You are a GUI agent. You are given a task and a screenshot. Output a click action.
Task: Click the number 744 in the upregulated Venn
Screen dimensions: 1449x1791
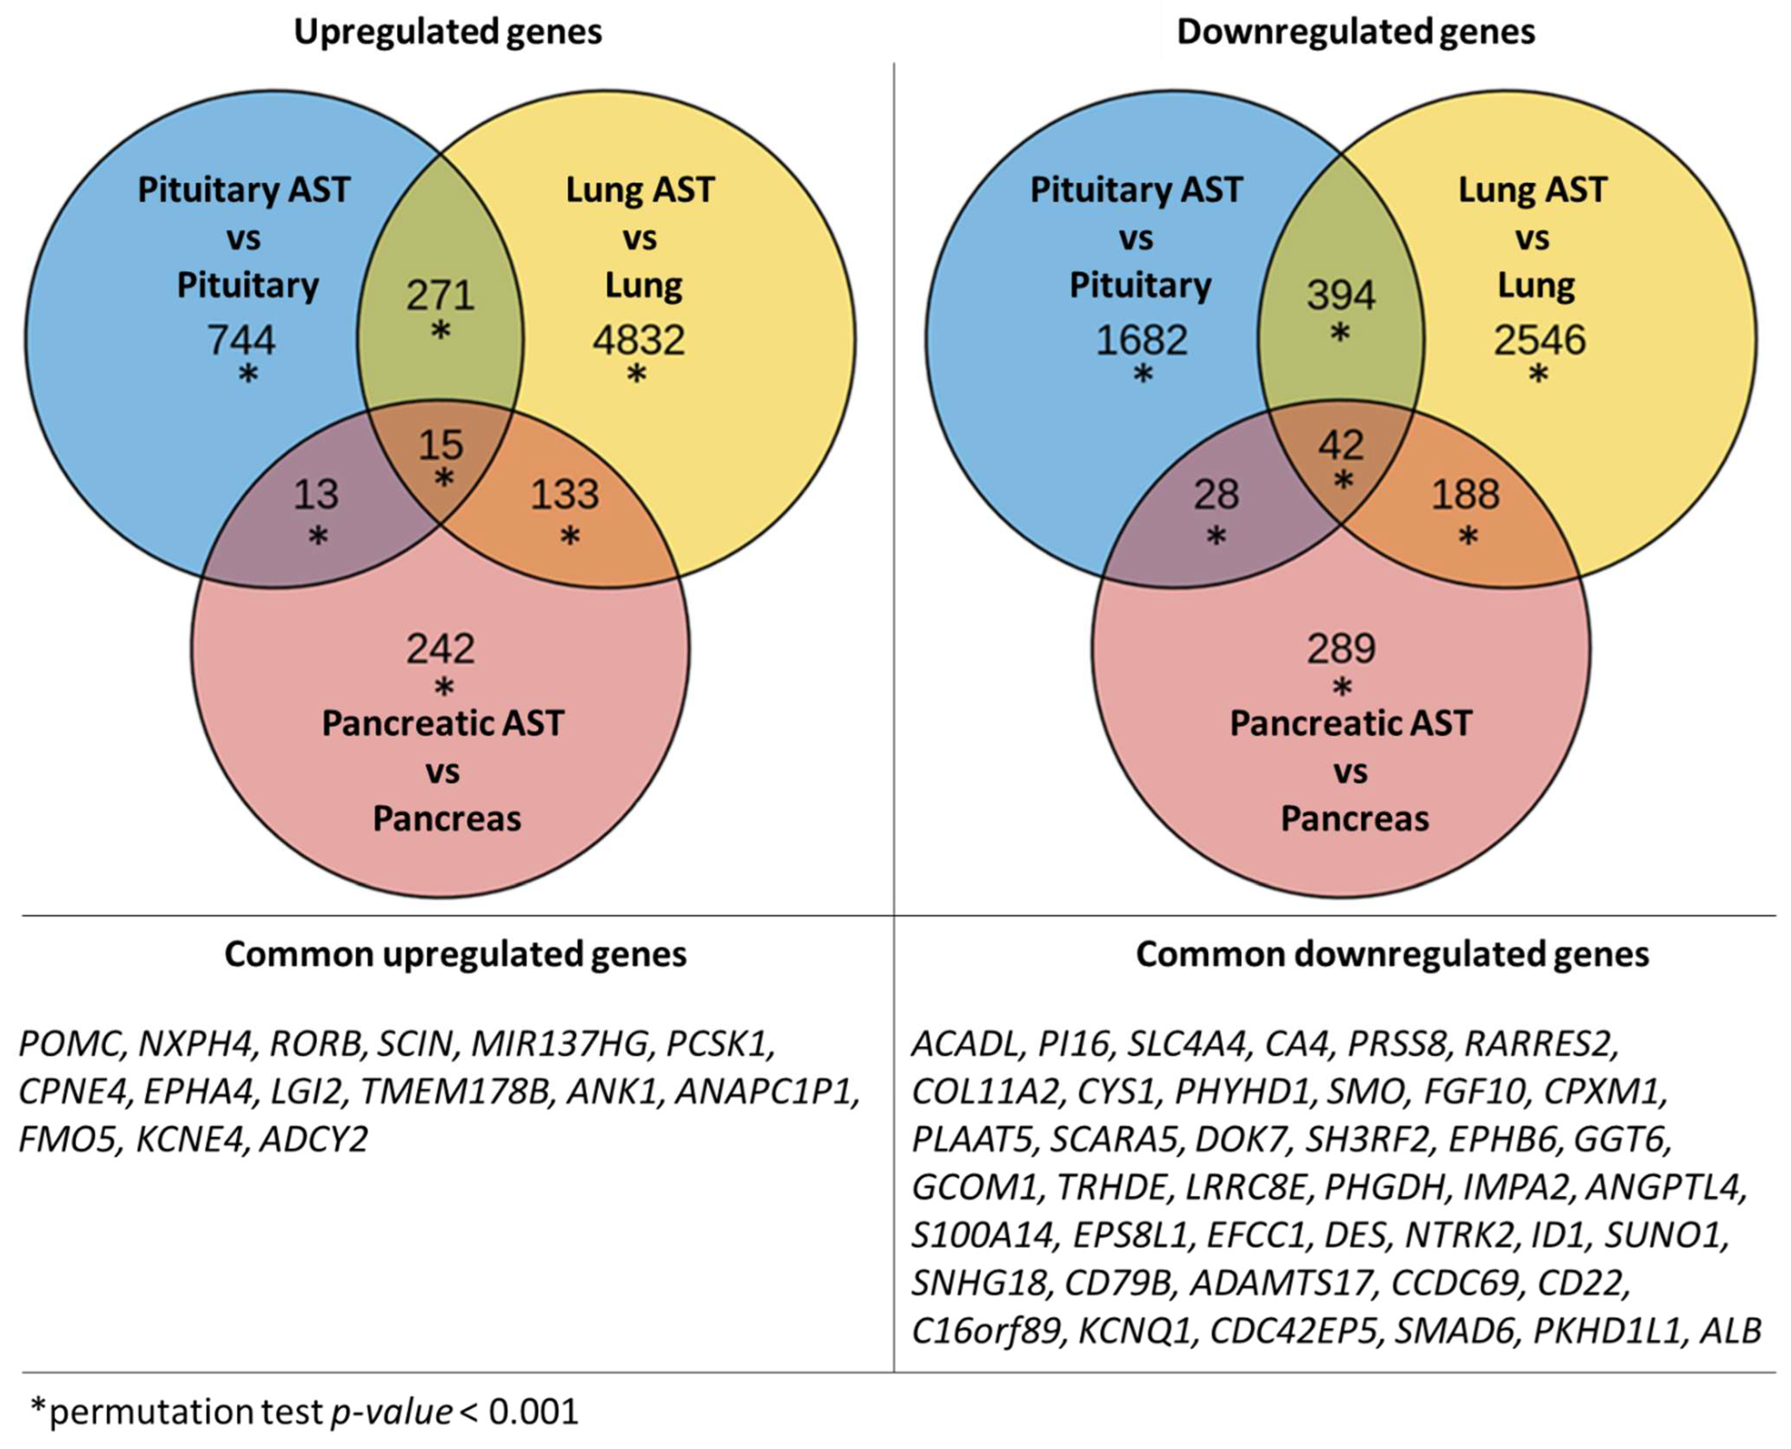coord(241,340)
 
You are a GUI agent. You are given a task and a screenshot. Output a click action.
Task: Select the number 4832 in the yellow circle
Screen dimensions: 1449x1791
coord(638,340)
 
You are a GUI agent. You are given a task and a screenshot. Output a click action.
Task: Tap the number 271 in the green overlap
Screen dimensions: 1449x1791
coord(441,295)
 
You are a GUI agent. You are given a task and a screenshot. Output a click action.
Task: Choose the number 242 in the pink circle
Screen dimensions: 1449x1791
coord(441,649)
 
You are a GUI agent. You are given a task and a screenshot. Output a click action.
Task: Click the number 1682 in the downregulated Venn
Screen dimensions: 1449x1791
coord(1141,340)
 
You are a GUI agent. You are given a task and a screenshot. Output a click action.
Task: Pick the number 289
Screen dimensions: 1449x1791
coord(1341,649)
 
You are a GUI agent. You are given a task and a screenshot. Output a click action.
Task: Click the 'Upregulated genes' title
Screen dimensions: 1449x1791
coord(448,32)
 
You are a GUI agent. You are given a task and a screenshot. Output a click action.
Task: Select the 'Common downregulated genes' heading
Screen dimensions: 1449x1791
coord(1392,954)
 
